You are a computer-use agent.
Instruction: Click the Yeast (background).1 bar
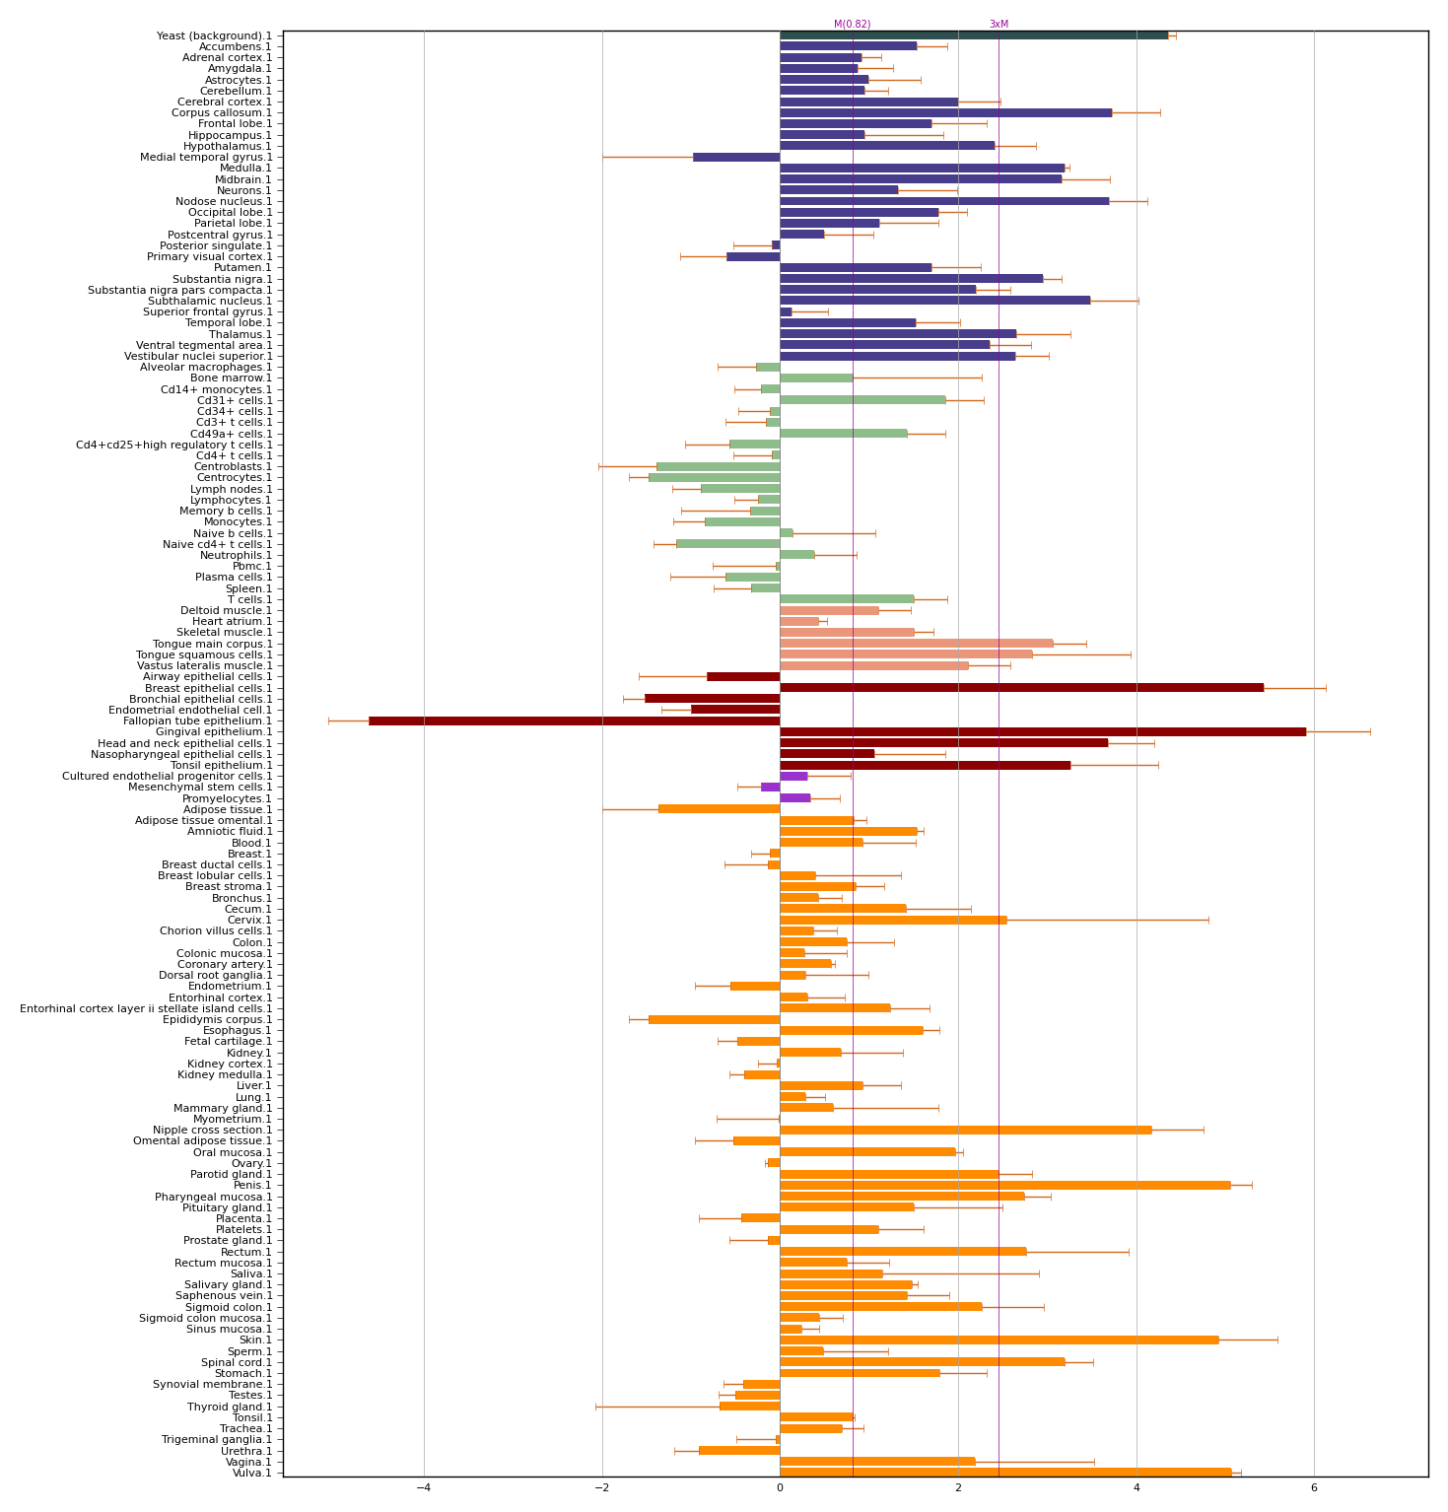click(x=973, y=35)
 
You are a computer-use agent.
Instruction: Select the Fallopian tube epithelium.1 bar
click(x=574, y=721)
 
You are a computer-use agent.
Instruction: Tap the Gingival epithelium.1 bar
click(x=1042, y=731)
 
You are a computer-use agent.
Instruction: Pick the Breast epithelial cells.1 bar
click(x=1021, y=687)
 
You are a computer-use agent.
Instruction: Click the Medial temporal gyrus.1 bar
click(x=736, y=157)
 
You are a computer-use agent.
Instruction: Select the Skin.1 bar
click(x=999, y=1340)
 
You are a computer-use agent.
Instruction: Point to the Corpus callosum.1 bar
click(x=945, y=112)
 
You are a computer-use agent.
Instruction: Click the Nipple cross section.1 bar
click(x=965, y=1130)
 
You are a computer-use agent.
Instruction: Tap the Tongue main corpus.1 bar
click(x=916, y=643)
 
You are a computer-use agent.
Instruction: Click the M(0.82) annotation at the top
click(x=852, y=25)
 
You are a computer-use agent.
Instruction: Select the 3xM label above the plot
click(x=999, y=25)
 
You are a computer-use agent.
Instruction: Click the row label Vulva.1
click(x=252, y=1473)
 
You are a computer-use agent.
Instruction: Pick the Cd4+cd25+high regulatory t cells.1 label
click(x=174, y=445)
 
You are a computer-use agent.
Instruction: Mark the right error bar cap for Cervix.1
click(x=1208, y=920)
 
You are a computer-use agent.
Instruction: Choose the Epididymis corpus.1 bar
click(x=714, y=1019)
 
